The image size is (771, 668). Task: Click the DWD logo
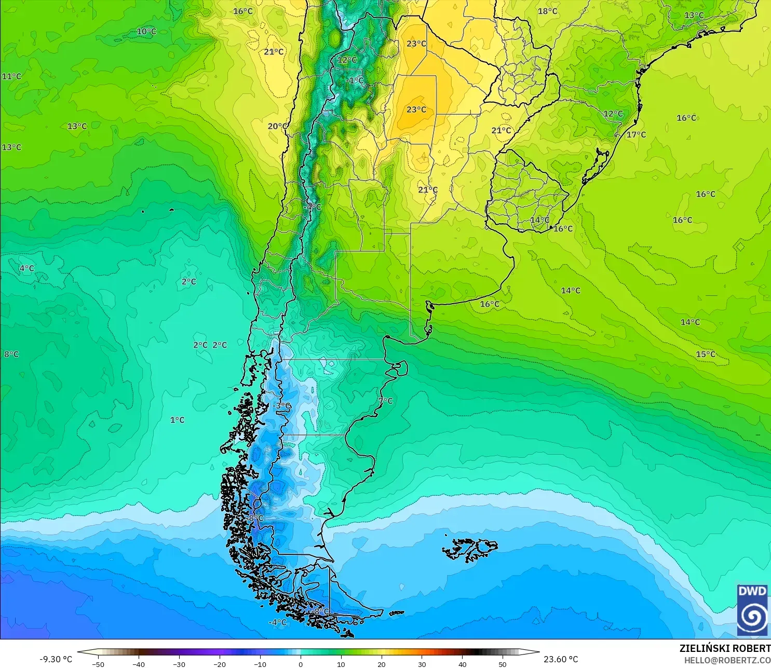pyautogui.click(x=752, y=610)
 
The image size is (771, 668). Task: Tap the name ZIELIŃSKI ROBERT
pyautogui.click(x=725, y=648)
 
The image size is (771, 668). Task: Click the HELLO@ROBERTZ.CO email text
pyautogui.click(x=727, y=660)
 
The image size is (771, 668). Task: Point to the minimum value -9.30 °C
pyautogui.click(x=56, y=659)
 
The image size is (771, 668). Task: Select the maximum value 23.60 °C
pyautogui.click(x=561, y=659)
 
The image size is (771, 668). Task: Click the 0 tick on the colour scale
pyautogui.click(x=301, y=664)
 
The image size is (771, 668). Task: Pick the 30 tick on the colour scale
pyautogui.click(x=422, y=664)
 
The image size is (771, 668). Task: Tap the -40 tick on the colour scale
pyautogui.click(x=138, y=664)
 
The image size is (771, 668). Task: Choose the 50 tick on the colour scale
pyautogui.click(x=503, y=664)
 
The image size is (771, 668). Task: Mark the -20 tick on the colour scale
pyautogui.click(x=219, y=664)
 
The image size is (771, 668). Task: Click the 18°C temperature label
pyautogui.click(x=547, y=11)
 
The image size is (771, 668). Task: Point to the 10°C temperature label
pyautogui.click(x=146, y=31)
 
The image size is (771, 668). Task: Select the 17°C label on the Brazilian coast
pyautogui.click(x=636, y=134)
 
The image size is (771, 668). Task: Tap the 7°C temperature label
pyautogui.click(x=385, y=401)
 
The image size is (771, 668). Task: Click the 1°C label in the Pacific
pyautogui.click(x=177, y=420)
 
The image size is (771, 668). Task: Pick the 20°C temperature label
pyautogui.click(x=277, y=126)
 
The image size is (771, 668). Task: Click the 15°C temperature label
pyautogui.click(x=706, y=354)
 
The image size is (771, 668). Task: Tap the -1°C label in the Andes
pyautogui.click(x=355, y=80)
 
